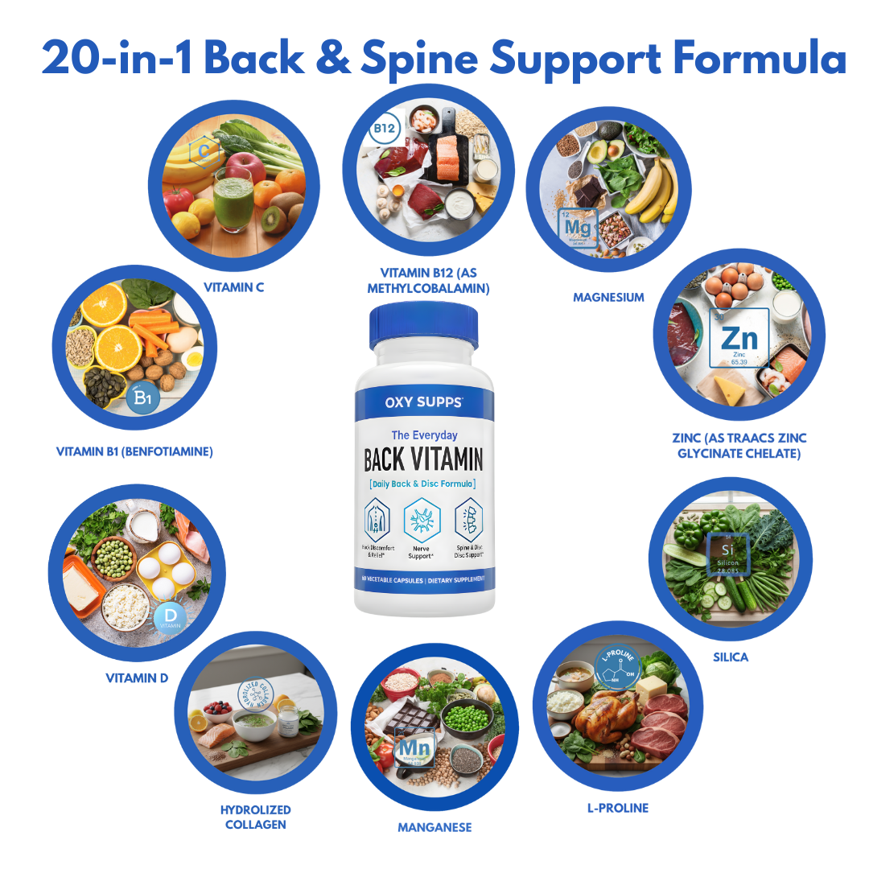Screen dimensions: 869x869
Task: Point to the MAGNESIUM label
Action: (x=608, y=298)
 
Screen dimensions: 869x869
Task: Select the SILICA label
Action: (x=730, y=657)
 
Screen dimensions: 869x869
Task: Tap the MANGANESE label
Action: (x=434, y=827)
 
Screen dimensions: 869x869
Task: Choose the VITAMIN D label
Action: (x=137, y=678)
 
